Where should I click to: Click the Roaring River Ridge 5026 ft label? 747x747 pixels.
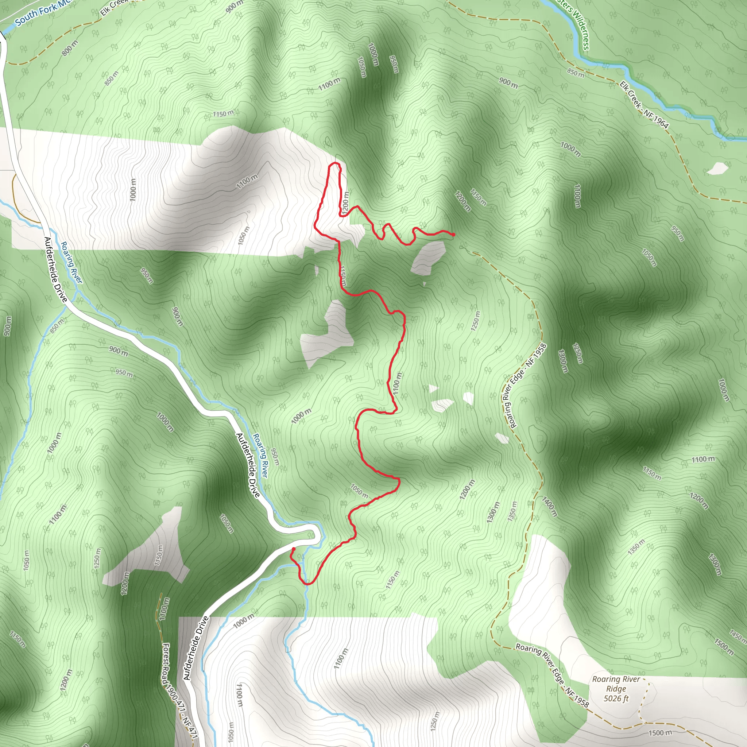click(616, 689)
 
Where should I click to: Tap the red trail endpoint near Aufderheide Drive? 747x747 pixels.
click(294, 549)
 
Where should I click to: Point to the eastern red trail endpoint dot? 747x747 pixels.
click(453, 234)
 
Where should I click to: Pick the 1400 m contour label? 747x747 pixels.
click(549, 507)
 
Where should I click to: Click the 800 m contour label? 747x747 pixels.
click(70, 47)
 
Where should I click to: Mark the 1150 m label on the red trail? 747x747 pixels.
click(343, 275)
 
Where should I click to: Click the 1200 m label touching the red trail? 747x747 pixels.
click(345, 201)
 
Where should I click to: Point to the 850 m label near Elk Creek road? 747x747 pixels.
click(575, 72)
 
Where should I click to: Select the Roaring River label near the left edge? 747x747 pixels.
click(71, 262)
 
